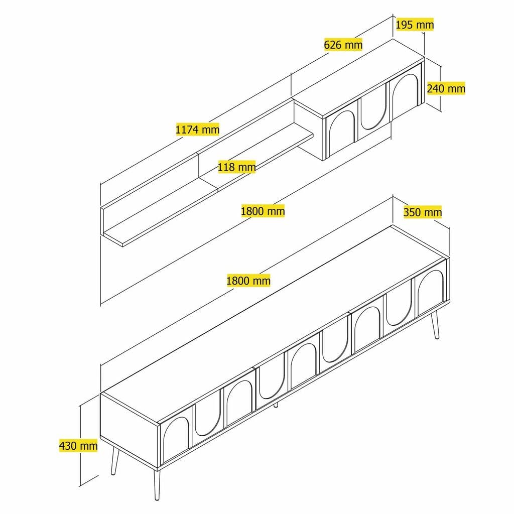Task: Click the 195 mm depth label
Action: point(415,24)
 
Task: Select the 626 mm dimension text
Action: point(343,45)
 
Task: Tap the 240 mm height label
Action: point(446,88)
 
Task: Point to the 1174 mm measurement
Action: point(197,130)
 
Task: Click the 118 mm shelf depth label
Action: point(237,167)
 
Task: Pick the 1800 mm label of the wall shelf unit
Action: point(263,211)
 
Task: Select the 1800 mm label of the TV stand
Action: point(248,281)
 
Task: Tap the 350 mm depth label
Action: point(423,212)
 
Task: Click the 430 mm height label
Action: point(78,445)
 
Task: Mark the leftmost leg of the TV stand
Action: point(115,461)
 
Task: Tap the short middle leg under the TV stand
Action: point(276,404)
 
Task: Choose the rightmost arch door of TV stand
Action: point(430,292)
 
